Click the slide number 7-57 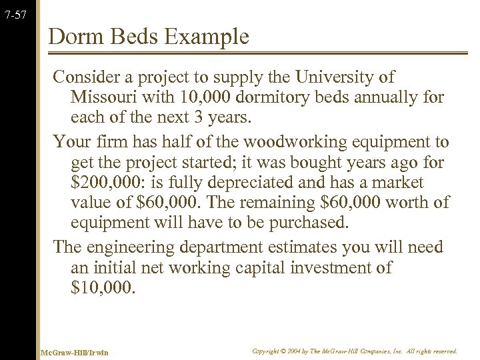tap(14, 15)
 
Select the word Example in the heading tap(211, 36)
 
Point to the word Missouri tap(103, 97)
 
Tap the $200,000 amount tap(103, 183)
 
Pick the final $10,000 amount tap(103, 288)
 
